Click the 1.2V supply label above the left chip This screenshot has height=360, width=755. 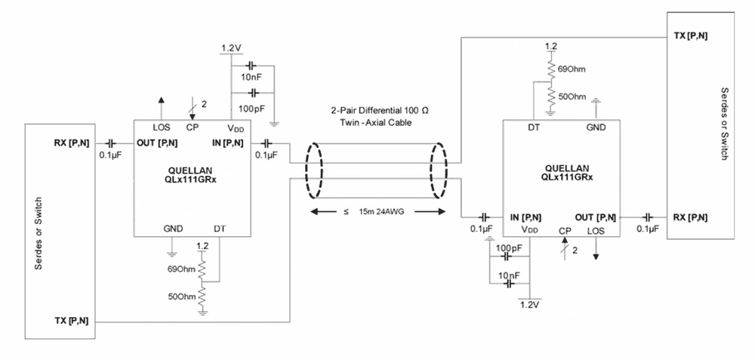tap(231, 48)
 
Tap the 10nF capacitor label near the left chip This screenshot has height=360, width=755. tap(252, 78)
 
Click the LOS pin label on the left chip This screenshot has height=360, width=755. tap(161, 127)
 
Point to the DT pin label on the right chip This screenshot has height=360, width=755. tap(534, 128)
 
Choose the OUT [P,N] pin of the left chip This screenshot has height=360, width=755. tap(158, 143)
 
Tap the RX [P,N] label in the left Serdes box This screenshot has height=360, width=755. tap(72, 143)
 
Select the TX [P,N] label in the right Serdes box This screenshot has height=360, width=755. tap(689, 36)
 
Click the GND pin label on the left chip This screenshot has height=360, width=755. tap(173, 228)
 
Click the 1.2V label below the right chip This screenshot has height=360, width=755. tap(530, 305)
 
